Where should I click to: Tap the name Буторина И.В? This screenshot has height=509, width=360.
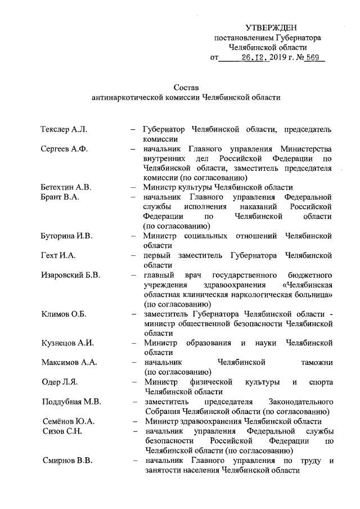pyautogui.click(x=66, y=236)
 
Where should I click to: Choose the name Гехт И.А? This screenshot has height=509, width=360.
pyautogui.click(x=58, y=255)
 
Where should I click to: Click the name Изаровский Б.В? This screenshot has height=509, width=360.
pyautogui.click(x=71, y=275)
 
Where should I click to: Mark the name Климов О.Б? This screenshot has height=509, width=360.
pyautogui.click(x=63, y=314)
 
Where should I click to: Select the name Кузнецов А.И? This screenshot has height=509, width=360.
pyautogui.click(x=67, y=343)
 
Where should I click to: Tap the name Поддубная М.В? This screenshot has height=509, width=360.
pyautogui.click(x=71, y=402)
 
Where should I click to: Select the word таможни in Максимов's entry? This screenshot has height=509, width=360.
pyautogui.click(x=313, y=363)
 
